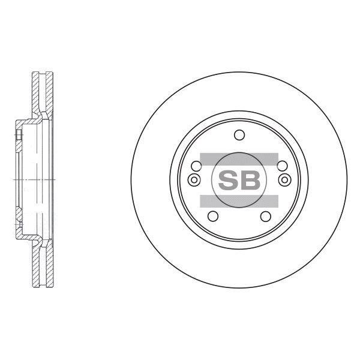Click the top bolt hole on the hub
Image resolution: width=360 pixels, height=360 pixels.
click(x=239, y=135)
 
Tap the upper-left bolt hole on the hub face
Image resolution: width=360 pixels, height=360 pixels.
click(x=196, y=166)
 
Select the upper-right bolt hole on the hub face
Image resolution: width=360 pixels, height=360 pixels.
click(x=282, y=166)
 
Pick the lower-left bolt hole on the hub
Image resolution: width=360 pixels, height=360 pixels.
click(x=213, y=216)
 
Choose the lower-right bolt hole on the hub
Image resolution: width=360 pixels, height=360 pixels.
click(x=266, y=216)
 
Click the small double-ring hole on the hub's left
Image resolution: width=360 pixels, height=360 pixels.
click(x=194, y=180)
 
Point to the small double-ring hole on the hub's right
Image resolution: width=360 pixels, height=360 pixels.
click(x=284, y=180)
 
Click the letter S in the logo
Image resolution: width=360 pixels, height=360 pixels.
click(x=228, y=180)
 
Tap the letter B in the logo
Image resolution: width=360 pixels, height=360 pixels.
click(x=250, y=180)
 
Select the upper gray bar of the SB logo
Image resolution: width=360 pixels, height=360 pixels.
click(x=239, y=159)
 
